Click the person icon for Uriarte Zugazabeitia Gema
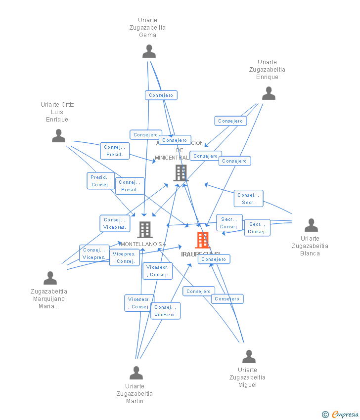[149, 51]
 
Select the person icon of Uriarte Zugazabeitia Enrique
[269, 93]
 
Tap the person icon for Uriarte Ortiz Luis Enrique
[58, 136]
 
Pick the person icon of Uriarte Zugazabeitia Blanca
[311, 225]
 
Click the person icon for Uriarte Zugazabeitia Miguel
[249, 356]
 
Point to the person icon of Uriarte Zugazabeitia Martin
[136, 373]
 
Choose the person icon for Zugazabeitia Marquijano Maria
[50, 278]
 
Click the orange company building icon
[202, 240]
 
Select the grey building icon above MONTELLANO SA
[145, 229]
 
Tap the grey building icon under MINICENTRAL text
[181, 173]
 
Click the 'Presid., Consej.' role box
[100, 181]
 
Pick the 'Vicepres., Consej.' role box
[124, 258]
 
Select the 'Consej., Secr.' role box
[248, 199]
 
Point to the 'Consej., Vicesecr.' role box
[165, 311]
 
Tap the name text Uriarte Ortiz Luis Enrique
[57, 112]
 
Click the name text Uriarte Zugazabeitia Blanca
[310, 246]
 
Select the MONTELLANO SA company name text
[143, 244]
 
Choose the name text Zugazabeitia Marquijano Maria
[49, 298]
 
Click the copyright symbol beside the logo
[325, 415]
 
